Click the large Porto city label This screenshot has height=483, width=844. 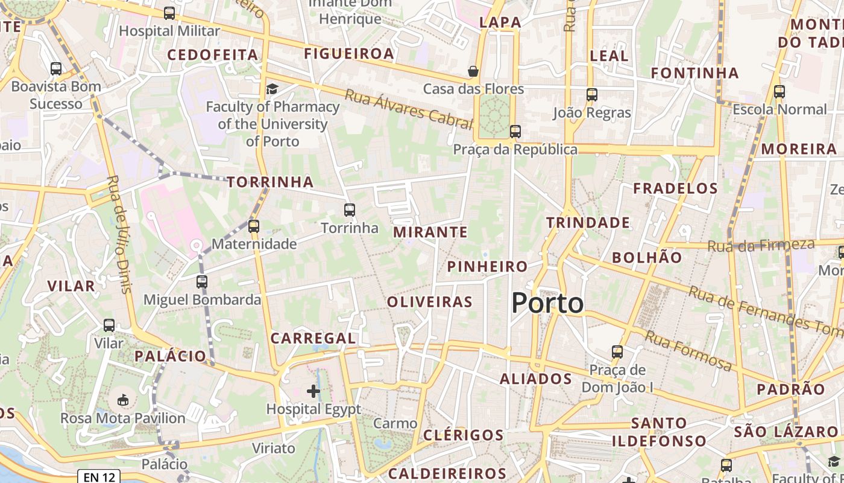547,303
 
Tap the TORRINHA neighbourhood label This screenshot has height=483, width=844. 270,182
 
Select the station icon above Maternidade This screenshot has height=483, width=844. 254,226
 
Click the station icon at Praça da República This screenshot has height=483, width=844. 515,131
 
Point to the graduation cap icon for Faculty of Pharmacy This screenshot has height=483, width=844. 272,89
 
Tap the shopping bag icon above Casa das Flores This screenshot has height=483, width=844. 473,71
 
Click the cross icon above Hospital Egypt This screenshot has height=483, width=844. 313,391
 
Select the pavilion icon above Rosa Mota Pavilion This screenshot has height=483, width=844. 123,400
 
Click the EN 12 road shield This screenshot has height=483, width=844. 99,478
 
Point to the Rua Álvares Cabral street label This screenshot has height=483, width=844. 408,110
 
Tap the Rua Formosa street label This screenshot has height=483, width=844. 688,350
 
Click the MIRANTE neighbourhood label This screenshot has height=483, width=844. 430,232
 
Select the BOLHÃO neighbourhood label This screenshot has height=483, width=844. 647,257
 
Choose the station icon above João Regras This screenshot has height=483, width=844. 592,95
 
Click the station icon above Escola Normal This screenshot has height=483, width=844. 779,92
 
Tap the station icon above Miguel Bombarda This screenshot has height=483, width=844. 202,282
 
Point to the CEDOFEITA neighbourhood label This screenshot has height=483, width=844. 212,55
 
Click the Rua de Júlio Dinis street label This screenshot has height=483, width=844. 119,234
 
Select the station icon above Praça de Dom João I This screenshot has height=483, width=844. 617,352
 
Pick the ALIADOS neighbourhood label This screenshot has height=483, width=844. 535,379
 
